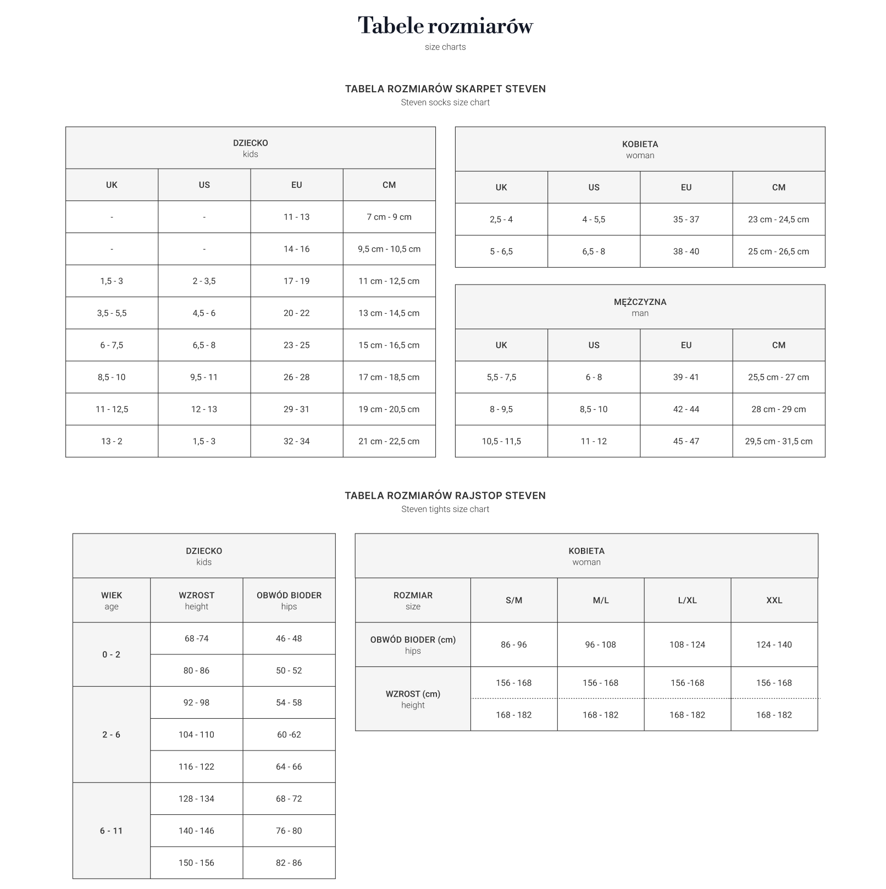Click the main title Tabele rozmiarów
[445, 26]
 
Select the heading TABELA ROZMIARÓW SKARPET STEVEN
[445, 89]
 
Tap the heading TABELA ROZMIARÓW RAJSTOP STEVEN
[445, 496]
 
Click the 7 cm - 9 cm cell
[389, 217]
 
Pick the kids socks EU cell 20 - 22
[297, 313]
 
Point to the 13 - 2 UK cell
[112, 441]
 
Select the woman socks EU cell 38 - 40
[686, 252]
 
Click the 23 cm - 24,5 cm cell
[778, 220]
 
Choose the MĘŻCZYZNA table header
[640, 307]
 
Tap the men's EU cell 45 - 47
[686, 441]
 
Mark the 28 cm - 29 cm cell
[778, 409]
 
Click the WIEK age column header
[112, 601]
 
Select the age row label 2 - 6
[111, 735]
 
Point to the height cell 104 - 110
[196, 735]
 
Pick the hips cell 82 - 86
[289, 863]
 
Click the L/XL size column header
[687, 601]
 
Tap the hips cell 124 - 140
[774, 644]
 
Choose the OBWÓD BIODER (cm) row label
[413, 644]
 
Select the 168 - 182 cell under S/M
[513, 715]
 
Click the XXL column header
[774, 601]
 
